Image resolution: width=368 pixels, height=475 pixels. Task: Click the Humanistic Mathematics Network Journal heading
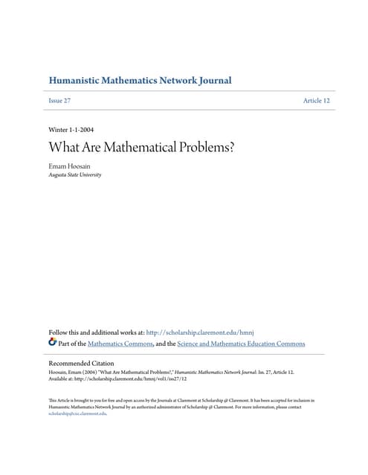click(x=139, y=80)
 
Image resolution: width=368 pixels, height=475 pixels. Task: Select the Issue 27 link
click(x=59, y=100)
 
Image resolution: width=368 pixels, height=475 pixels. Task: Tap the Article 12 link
click(x=316, y=100)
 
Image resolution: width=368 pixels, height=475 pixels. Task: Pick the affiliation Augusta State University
click(x=75, y=175)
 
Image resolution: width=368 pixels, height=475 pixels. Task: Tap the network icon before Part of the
click(x=52, y=343)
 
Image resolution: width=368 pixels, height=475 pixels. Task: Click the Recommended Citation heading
click(x=87, y=364)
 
